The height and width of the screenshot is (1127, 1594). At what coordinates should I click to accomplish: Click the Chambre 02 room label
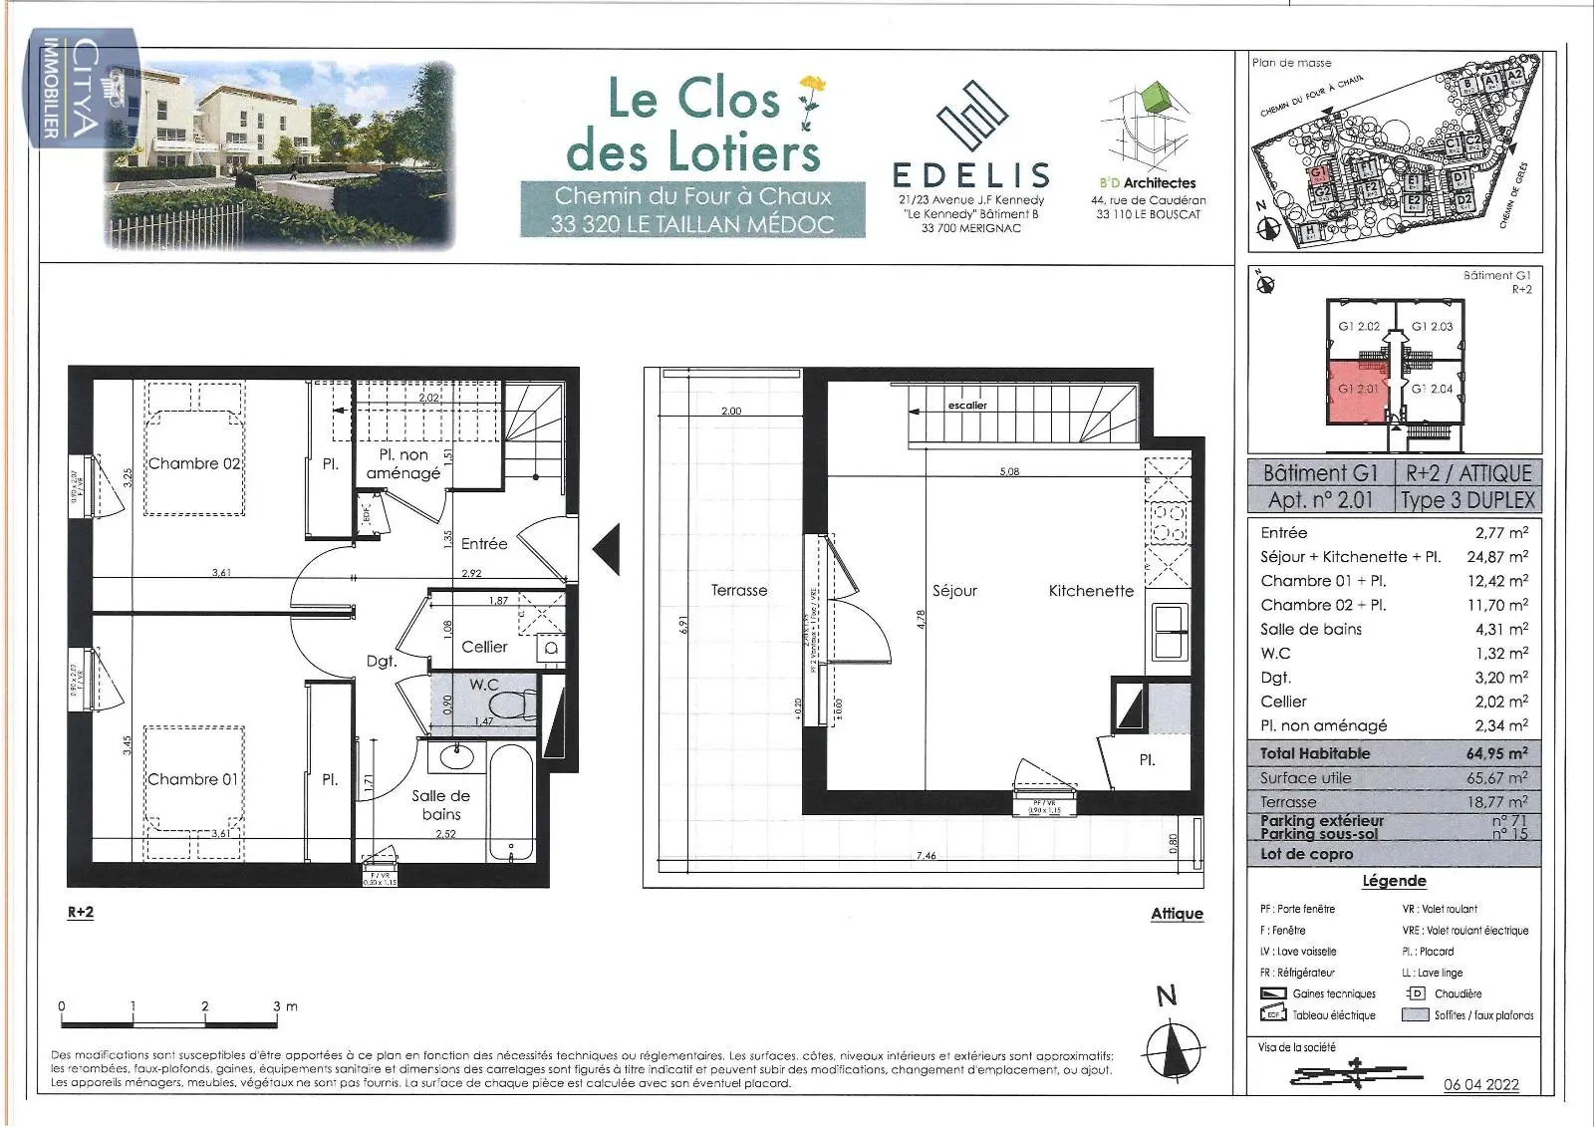[194, 463]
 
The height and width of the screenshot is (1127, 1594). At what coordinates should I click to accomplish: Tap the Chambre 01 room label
[193, 779]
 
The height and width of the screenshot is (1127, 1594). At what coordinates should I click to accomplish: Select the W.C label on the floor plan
[484, 685]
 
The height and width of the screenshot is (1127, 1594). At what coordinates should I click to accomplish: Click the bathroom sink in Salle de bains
[457, 756]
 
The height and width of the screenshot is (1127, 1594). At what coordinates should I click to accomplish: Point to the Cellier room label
[484, 647]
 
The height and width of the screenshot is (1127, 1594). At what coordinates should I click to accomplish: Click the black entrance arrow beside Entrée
[608, 549]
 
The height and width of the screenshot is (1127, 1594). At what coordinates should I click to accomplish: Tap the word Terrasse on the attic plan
[739, 590]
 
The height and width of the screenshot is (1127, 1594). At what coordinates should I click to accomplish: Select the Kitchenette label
[1091, 591]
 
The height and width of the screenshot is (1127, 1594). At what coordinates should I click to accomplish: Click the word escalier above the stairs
[967, 406]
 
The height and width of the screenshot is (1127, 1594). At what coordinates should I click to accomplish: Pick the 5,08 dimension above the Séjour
[1009, 471]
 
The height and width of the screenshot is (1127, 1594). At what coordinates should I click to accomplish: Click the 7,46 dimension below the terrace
[927, 856]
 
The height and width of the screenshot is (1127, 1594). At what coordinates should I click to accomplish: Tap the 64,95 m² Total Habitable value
[1496, 753]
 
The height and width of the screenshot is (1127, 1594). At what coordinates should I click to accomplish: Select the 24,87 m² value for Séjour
[1496, 557]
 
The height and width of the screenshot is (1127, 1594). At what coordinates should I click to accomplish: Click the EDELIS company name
[971, 175]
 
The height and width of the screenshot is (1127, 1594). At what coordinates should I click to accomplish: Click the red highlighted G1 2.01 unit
[1358, 390]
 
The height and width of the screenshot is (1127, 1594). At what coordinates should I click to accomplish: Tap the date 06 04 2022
[1481, 1084]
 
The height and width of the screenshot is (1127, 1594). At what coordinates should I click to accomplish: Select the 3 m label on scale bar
[284, 1006]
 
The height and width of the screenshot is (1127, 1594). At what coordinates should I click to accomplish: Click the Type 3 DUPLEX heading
[1467, 500]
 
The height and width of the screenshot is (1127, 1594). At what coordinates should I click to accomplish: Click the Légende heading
[1394, 881]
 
